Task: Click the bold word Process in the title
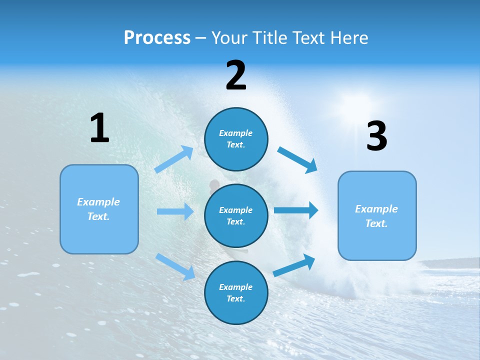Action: tap(157, 37)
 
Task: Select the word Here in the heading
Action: tap(348, 37)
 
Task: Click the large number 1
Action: tap(99, 128)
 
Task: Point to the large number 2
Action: tap(236, 75)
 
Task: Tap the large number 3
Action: tap(376, 136)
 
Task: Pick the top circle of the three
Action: tap(236, 139)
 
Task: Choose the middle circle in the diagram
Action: tap(236, 215)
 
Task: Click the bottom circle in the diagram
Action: tap(236, 292)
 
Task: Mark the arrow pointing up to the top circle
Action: tap(174, 159)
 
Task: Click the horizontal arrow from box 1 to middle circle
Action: tap(175, 211)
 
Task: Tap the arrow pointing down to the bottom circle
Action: tap(175, 266)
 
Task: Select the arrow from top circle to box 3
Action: tap(297, 159)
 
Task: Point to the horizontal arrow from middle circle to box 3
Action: tap(296, 210)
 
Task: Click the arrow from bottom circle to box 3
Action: tap(294, 265)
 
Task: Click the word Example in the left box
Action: tap(98, 202)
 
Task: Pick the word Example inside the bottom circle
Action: tap(236, 287)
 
